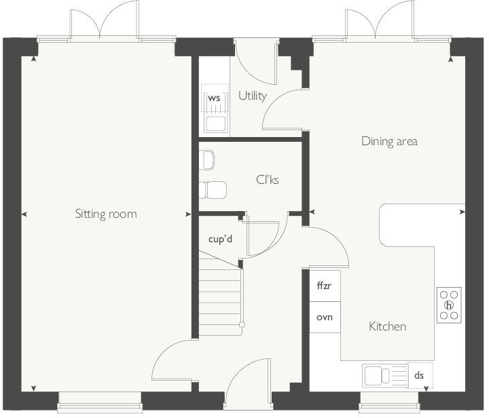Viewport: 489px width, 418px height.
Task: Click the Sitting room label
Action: click(106, 214)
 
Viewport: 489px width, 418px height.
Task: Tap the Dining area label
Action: click(389, 142)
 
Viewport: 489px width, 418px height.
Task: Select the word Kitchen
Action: click(387, 326)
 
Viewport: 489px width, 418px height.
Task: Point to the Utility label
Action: click(253, 96)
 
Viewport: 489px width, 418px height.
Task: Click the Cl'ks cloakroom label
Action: click(268, 180)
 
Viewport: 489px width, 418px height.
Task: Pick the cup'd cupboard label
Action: click(221, 239)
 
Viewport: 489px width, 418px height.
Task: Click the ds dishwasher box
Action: click(419, 375)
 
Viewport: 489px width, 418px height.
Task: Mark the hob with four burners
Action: click(449, 305)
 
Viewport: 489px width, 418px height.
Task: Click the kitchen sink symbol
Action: click(384, 375)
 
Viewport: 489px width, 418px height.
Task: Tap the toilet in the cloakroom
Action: click(213, 189)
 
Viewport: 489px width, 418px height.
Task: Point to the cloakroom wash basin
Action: click(208, 160)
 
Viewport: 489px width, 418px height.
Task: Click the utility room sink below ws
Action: click(215, 123)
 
